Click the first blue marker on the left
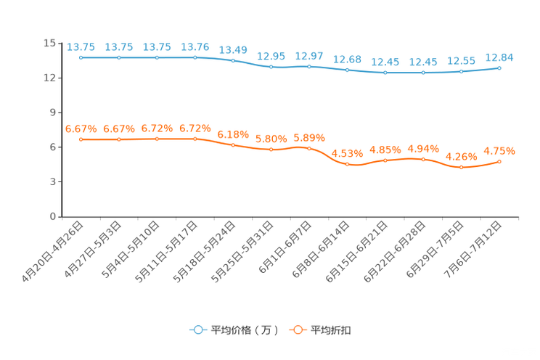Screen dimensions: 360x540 coord(81,57)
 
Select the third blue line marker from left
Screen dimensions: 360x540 coord(157,57)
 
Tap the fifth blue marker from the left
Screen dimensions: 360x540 coord(233,60)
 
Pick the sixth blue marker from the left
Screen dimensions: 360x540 coord(271,67)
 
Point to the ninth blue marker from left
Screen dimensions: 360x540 coord(385,73)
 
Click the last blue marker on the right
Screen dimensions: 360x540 coord(499,68)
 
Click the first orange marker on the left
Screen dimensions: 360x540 coord(81,139)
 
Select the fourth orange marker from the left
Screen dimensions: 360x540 coord(195,139)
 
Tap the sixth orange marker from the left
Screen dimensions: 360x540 coord(271,150)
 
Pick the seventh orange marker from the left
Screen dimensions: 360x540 coord(309,148)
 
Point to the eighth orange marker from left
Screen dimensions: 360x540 coord(348,164)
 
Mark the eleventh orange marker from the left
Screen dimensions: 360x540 coord(461,167)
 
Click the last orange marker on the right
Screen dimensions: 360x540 coord(499,161)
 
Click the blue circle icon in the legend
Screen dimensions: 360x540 coord(197,330)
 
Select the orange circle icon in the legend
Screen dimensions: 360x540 coord(297,330)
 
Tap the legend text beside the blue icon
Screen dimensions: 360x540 coord(245,330)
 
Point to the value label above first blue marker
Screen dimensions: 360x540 coord(81,47)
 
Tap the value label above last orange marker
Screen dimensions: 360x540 coord(499,151)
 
